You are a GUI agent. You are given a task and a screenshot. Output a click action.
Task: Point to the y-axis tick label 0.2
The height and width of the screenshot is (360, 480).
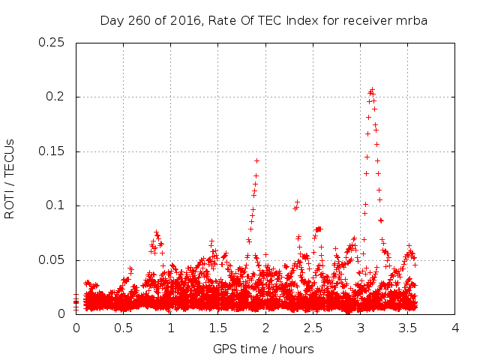point(58,97)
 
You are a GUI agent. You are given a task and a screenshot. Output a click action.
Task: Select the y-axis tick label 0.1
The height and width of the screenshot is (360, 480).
point(58,205)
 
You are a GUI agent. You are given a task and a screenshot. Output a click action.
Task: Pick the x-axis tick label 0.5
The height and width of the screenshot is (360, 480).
point(123,328)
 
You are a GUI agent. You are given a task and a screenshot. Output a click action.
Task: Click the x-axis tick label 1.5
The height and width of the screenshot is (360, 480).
point(218,328)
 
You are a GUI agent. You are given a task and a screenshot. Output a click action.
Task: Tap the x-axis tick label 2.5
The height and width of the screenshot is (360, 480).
point(313,328)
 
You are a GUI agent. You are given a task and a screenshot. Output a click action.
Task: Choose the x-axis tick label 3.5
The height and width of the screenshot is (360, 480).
point(408,328)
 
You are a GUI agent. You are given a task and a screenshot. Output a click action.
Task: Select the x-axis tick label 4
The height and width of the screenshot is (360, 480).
point(455,328)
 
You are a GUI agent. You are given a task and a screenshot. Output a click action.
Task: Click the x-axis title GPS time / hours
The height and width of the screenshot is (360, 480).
point(263,349)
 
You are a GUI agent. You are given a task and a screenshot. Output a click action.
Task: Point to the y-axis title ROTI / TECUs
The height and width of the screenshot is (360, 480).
point(10,178)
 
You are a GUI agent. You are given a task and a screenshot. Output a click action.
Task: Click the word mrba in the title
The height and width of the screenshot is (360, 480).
point(412,20)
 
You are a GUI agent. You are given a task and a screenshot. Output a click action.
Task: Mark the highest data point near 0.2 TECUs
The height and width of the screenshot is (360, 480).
point(372,90)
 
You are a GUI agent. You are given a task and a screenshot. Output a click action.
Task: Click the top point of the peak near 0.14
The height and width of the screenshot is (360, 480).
point(256,160)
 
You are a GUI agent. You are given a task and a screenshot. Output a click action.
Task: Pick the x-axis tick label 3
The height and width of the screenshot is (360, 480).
point(361,328)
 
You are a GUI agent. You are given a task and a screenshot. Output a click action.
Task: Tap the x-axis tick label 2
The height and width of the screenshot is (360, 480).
point(265,328)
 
